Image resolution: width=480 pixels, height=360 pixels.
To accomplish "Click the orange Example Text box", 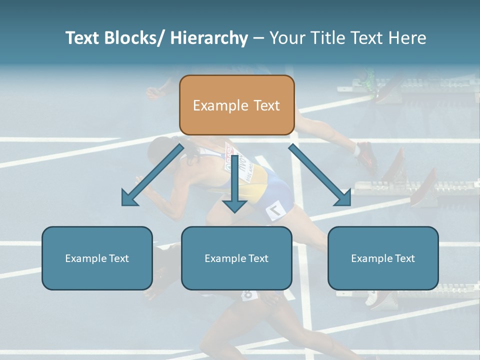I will [x=236, y=105].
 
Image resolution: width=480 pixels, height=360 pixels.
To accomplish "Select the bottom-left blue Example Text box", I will [x=97, y=258].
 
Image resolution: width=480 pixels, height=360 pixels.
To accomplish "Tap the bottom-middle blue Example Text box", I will [x=236, y=258].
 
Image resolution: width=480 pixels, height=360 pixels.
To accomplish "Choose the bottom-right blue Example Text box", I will [x=383, y=258].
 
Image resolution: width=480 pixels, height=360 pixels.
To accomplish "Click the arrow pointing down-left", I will [x=152, y=174].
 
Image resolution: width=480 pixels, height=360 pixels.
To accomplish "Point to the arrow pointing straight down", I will [x=234, y=185].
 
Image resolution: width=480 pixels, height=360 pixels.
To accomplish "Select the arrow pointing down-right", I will [x=320, y=175].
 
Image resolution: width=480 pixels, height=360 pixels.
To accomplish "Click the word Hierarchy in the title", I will [x=209, y=38].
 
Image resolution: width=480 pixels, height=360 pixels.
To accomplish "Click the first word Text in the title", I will [x=83, y=38].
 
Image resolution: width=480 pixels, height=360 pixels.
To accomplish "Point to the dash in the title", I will [x=258, y=38].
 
